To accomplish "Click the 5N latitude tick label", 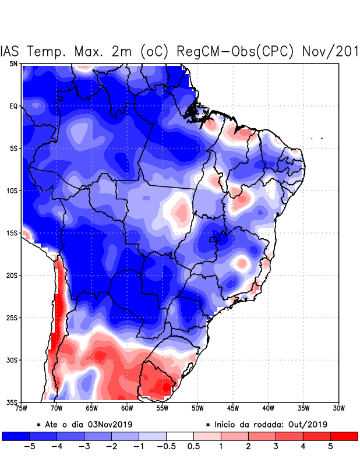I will pos(13,63).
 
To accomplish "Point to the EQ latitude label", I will pos(13,106).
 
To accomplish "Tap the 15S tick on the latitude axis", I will pos(12,233).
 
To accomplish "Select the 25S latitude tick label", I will pos(12,317).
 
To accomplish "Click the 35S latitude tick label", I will pos(12,402).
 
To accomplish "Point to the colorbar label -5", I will pos(28,447).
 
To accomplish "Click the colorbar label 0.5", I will pos(193,447).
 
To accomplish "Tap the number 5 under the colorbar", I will pos(330,447).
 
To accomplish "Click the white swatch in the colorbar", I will pos(179,436).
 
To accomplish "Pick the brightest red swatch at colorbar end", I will pos(344,436).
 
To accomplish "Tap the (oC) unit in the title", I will pos(154,51).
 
